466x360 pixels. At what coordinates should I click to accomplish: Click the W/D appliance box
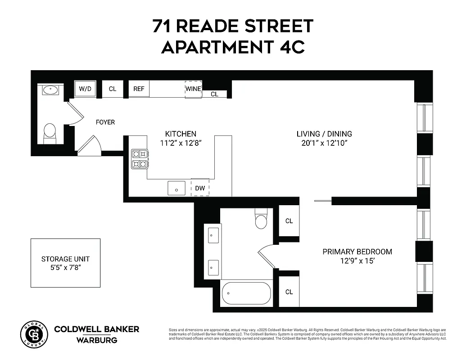[85, 89]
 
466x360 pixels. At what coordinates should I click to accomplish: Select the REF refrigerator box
[139, 89]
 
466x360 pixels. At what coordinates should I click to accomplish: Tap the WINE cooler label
[193, 89]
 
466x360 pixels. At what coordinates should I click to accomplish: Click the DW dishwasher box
[200, 188]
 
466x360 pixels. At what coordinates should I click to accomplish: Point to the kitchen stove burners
[139, 159]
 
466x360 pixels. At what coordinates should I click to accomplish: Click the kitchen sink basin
[176, 188]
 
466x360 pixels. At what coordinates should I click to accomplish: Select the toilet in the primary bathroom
[261, 219]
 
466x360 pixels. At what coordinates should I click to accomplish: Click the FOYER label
[105, 122]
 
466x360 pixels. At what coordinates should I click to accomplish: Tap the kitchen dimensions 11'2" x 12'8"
[181, 143]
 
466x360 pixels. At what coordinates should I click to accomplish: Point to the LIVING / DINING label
[324, 134]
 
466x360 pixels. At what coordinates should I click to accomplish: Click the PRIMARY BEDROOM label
[357, 252]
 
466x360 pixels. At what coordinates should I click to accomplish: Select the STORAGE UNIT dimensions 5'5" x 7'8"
[65, 268]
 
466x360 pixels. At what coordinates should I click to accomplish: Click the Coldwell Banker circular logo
[34, 334]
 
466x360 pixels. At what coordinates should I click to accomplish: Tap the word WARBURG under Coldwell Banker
[97, 340]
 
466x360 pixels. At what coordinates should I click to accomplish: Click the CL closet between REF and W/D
[113, 89]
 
